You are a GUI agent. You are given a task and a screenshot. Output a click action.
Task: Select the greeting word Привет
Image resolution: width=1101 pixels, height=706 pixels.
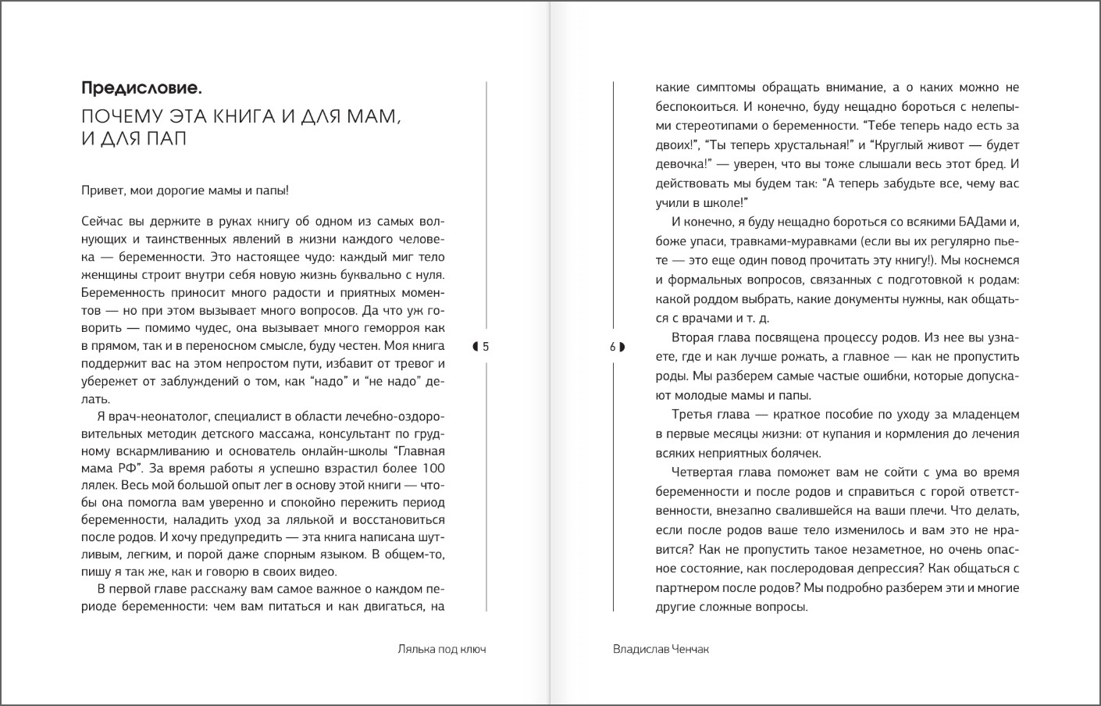102,190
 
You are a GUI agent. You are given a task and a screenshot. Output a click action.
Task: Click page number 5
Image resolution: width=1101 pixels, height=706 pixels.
486,347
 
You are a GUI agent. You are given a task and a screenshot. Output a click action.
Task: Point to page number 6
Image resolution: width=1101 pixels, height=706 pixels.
613,347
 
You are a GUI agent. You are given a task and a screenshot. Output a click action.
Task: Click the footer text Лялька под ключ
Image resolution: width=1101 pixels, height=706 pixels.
441,649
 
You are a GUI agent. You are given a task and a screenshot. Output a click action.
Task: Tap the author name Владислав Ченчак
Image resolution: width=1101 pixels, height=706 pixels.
661,649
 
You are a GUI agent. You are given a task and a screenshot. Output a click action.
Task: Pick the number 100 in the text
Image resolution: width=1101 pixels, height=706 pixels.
433,469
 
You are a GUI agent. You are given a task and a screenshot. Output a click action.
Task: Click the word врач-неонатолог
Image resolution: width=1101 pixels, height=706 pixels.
161,415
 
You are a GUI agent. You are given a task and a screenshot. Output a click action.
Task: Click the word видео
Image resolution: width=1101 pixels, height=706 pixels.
320,571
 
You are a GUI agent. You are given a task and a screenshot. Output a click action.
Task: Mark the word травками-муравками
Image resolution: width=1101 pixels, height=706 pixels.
786,241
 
